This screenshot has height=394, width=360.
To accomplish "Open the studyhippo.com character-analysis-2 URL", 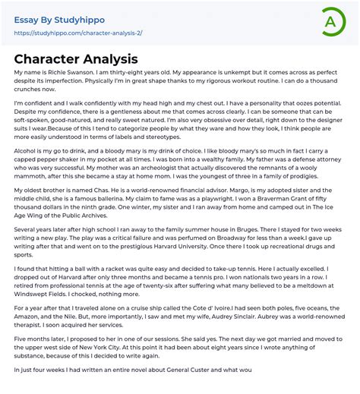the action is pyautogui.click(x=77, y=33).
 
